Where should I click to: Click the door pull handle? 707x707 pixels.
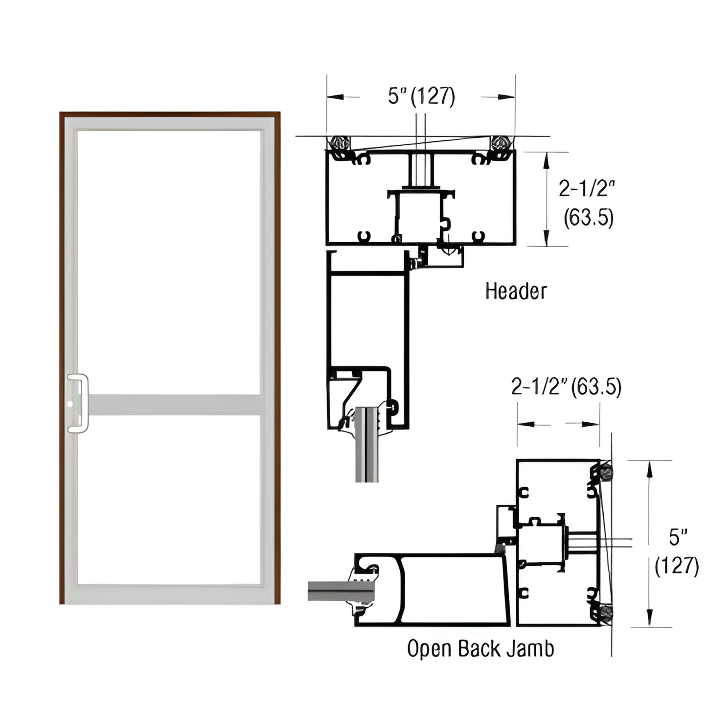pyautogui.click(x=78, y=403)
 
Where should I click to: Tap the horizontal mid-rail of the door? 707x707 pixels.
pyautogui.click(x=174, y=405)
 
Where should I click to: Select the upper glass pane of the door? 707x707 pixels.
pyautogui.click(x=169, y=262)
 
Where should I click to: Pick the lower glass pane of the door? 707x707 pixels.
pyautogui.click(x=169, y=499)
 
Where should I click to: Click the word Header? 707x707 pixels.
pyautogui.click(x=516, y=291)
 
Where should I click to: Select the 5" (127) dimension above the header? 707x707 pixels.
pyautogui.click(x=421, y=96)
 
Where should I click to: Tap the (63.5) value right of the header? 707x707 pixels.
pyautogui.click(x=588, y=218)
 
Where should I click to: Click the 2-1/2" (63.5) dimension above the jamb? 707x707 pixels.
pyautogui.click(x=566, y=387)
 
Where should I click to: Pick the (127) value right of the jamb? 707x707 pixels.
pyautogui.click(x=677, y=566)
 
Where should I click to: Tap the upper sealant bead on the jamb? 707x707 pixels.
pyautogui.click(x=607, y=472)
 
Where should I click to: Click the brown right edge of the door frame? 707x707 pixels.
pyautogui.click(x=277, y=357)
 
